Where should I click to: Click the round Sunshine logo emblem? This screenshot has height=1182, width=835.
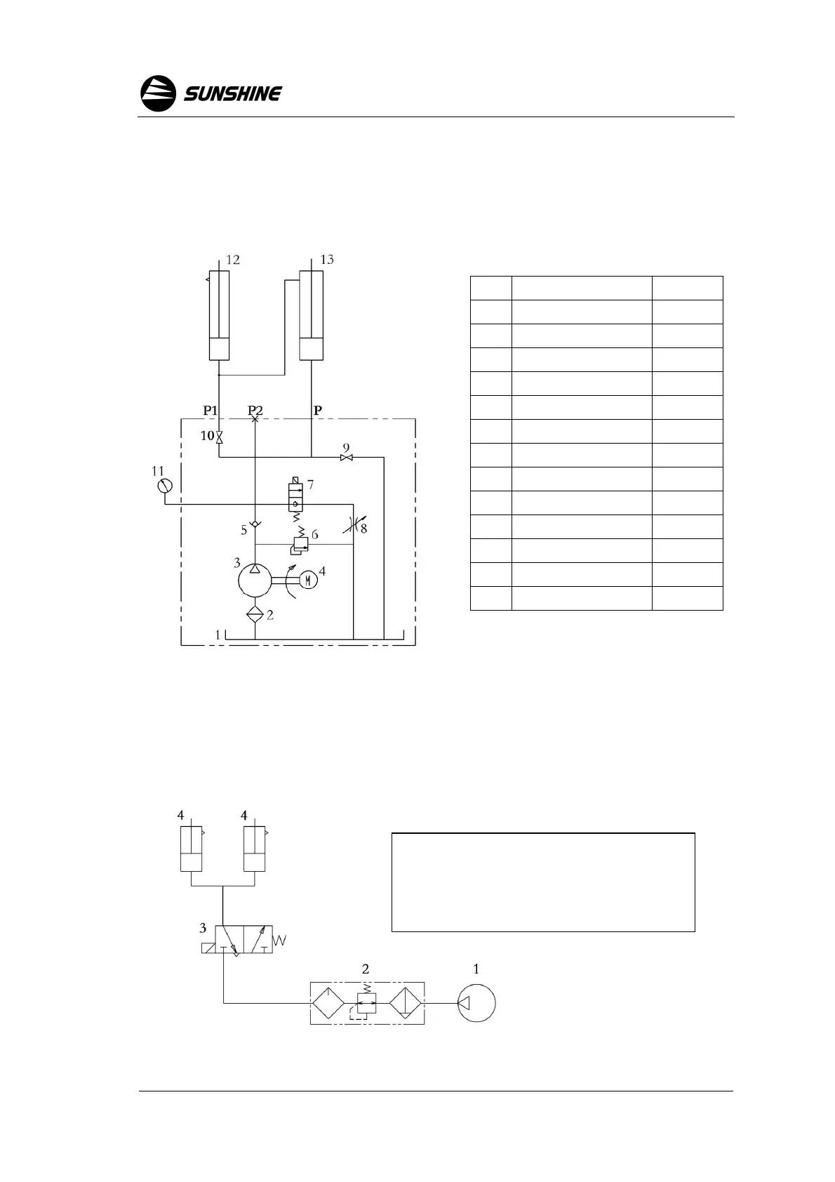click(x=158, y=93)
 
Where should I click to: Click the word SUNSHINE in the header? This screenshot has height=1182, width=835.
click(x=233, y=94)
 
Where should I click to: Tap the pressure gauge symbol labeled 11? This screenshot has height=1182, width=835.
click(x=165, y=486)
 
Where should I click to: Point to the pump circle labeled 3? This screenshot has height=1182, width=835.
click(x=255, y=579)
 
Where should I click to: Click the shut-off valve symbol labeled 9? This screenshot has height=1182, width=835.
click(x=346, y=458)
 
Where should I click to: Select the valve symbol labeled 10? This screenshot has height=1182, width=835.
click(x=219, y=437)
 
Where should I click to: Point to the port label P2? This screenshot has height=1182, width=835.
click(x=255, y=411)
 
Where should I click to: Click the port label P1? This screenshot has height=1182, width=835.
click(x=211, y=411)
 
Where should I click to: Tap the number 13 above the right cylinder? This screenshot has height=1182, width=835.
click(x=327, y=260)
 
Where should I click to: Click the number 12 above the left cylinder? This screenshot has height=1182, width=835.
click(x=233, y=260)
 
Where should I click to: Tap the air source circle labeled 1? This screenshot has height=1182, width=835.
click(x=476, y=1003)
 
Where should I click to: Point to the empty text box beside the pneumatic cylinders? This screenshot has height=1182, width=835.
click(x=542, y=882)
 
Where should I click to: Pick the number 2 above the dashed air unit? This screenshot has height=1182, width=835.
click(x=366, y=969)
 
